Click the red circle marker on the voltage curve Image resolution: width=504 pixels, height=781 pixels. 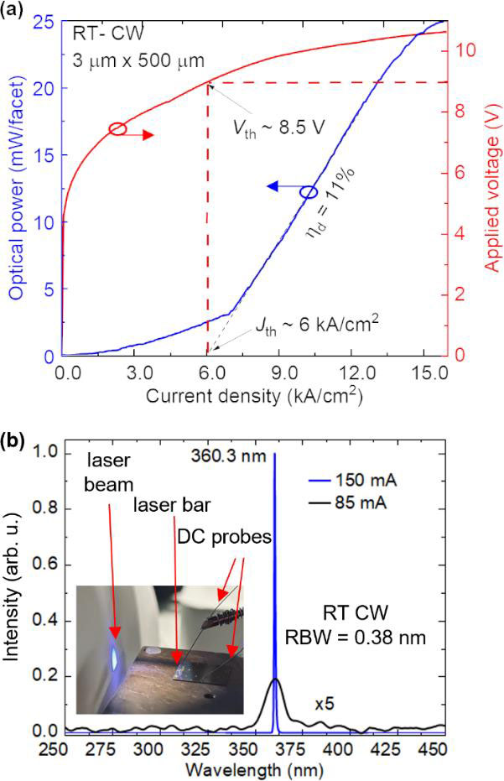117,129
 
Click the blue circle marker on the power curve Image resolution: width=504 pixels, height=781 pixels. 309,192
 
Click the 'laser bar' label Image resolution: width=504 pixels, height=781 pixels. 168,505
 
